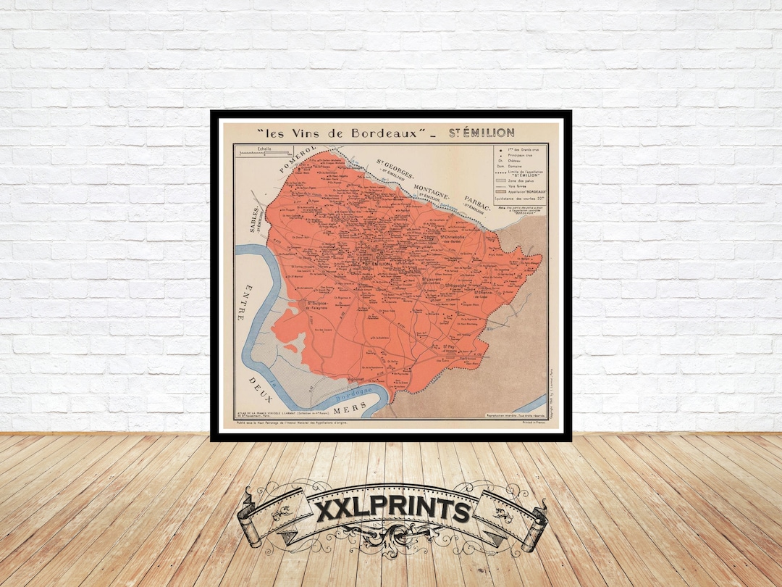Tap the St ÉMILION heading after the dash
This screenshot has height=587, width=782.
point(481,133)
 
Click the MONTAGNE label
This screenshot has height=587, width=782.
point(432,190)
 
